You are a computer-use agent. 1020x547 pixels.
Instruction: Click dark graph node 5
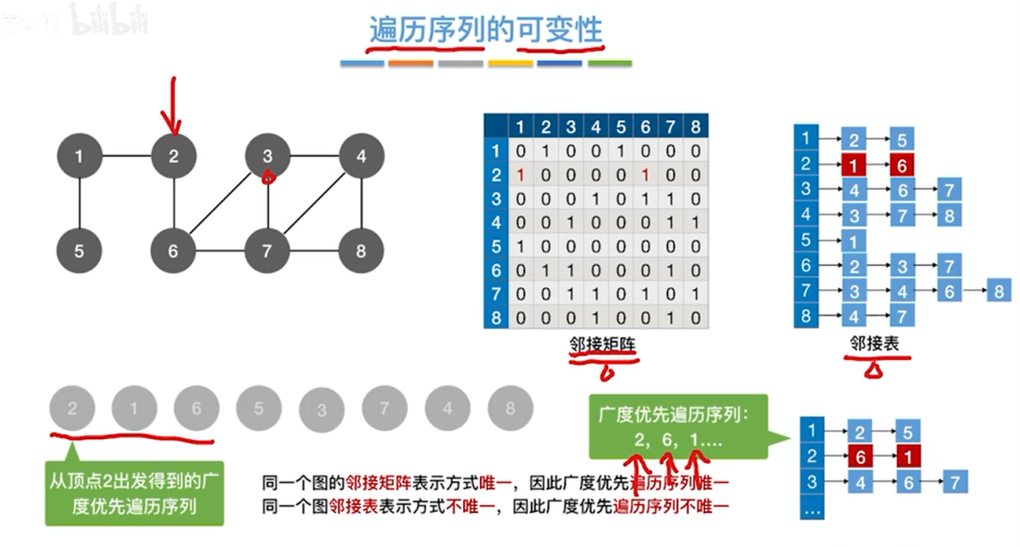(x=79, y=251)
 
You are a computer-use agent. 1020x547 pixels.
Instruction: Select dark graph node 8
(x=361, y=251)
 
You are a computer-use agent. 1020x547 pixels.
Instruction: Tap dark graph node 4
(x=361, y=156)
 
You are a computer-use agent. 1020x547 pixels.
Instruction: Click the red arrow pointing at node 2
(x=172, y=107)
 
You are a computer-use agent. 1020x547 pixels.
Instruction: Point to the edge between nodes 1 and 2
(x=126, y=156)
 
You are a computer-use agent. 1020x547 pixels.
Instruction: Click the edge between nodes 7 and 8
(x=314, y=251)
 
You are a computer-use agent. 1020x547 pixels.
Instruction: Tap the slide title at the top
(x=485, y=30)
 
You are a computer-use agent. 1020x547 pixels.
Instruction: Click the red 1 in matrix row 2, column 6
(x=645, y=175)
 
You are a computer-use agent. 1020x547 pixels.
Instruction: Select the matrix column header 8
(x=696, y=127)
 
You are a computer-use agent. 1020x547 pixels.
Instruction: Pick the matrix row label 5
(x=496, y=247)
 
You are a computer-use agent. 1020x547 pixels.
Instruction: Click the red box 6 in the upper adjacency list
(x=902, y=166)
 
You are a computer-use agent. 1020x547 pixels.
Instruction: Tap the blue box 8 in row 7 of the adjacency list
(x=999, y=291)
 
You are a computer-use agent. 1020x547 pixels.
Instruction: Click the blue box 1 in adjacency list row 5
(x=853, y=241)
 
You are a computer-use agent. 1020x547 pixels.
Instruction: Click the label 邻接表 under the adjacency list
(x=875, y=344)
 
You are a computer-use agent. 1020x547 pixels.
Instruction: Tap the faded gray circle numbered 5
(x=258, y=409)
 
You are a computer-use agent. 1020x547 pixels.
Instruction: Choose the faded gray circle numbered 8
(x=510, y=409)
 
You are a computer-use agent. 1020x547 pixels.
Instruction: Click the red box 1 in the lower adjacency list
(x=908, y=457)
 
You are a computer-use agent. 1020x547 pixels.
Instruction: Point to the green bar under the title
(x=609, y=63)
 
